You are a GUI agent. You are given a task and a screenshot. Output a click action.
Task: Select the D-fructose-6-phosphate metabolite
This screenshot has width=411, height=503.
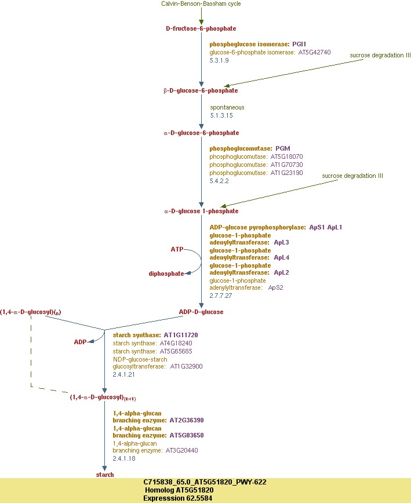[201, 28]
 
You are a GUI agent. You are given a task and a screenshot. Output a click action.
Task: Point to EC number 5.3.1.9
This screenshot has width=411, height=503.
[219, 60]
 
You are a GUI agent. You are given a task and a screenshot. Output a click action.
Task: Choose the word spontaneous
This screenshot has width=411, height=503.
[227, 107]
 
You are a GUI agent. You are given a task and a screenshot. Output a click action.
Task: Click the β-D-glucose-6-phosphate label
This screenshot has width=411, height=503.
[201, 91]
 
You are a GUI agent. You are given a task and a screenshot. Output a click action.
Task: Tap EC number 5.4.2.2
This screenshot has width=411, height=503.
[219, 181]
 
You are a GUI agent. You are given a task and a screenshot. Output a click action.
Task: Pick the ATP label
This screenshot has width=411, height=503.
[177, 249]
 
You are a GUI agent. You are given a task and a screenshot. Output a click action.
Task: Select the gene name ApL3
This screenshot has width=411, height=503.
[281, 242]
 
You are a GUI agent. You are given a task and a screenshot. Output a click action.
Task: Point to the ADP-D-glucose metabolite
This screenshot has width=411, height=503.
[201, 312]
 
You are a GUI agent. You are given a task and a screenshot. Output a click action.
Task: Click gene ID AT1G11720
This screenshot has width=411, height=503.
[181, 335]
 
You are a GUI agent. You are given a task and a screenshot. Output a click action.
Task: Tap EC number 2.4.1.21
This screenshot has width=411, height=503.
[123, 374]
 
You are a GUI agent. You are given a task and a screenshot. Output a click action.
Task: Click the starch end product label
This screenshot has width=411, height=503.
[105, 475]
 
